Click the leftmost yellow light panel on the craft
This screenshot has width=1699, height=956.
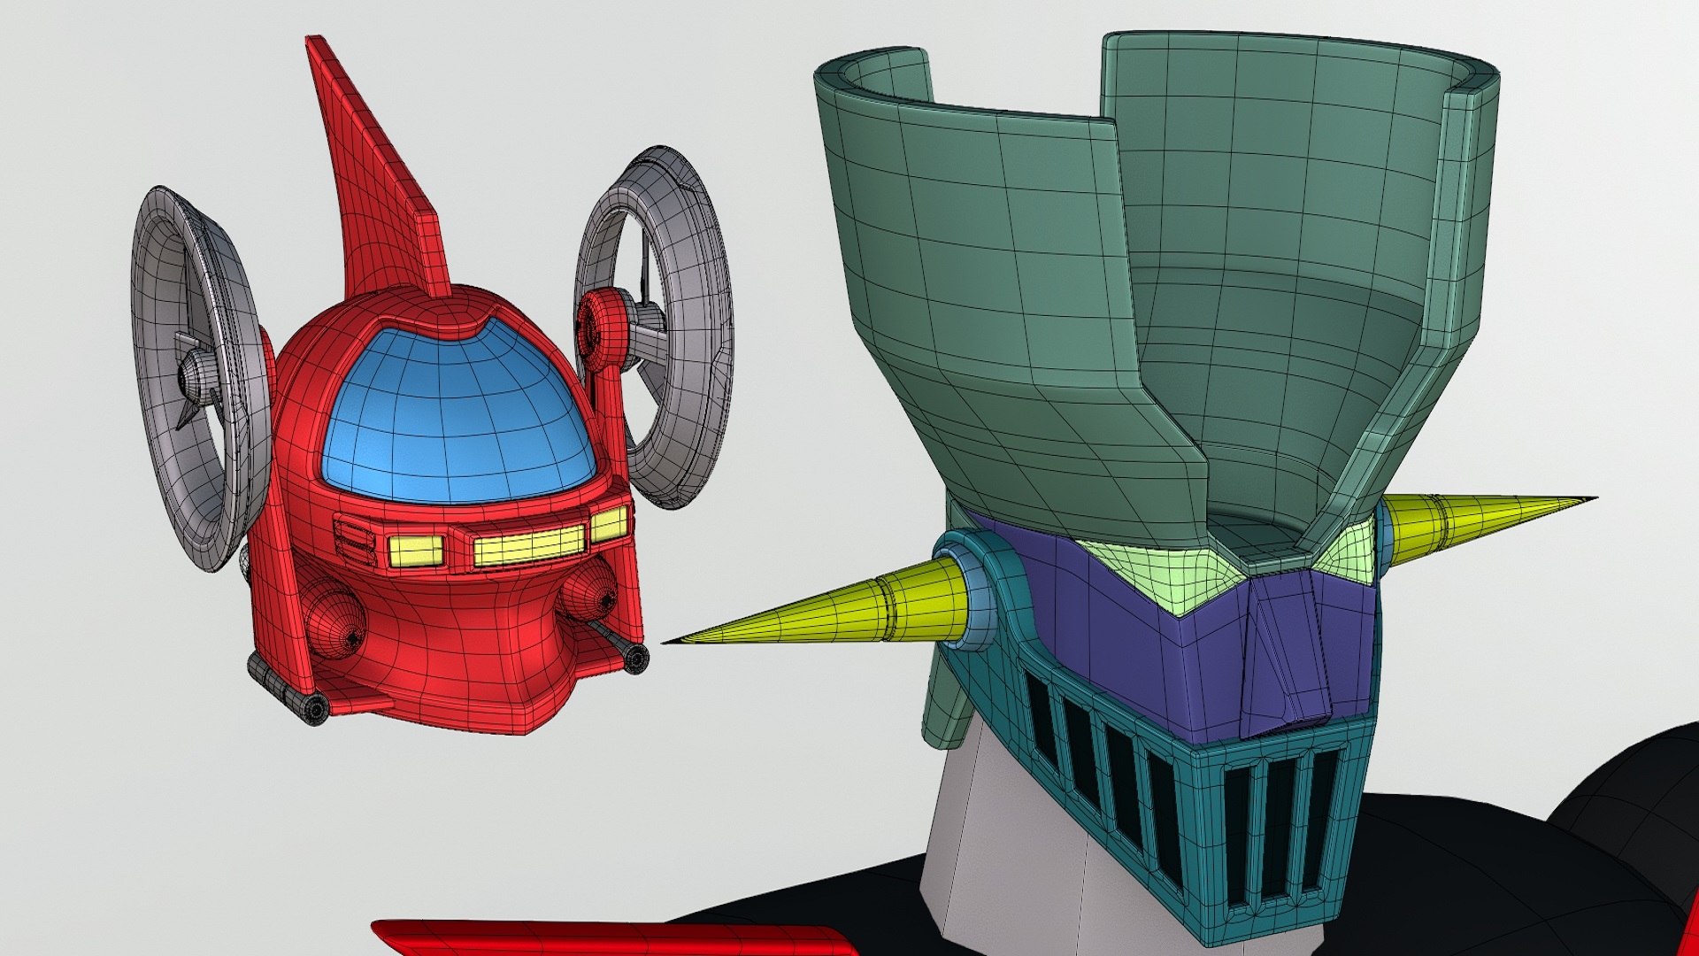tap(414, 551)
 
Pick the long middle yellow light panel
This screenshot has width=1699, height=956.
tap(529, 544)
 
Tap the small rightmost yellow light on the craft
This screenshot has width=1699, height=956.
tap(609, 523)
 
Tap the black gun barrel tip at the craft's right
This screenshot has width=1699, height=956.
tap(636, 656)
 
